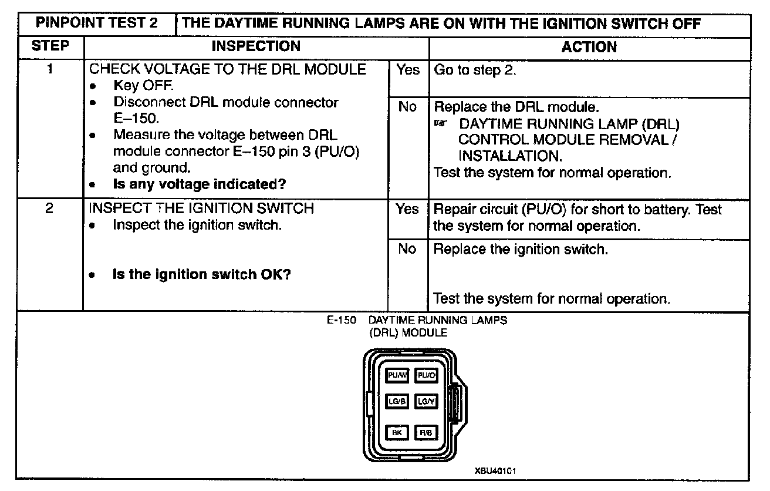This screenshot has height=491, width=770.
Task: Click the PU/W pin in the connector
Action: point(397,375)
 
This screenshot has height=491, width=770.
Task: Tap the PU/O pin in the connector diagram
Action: point(426,375)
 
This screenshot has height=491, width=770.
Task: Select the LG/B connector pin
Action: point(397,402)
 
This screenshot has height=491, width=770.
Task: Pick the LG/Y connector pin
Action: point(426,402)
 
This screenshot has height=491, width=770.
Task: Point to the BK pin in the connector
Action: point(397,433)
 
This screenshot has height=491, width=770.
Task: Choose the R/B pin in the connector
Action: point(426,433)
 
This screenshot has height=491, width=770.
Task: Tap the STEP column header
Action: point(50,46)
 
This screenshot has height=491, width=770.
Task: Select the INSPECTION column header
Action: point(256,46)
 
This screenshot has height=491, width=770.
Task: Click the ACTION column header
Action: point(589,47)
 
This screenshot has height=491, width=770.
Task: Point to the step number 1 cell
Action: point(50,69)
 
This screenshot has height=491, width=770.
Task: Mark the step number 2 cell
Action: point(50,208)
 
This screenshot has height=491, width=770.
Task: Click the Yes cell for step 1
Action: point(408,70)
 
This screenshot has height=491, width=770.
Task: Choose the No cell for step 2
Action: point(407,249)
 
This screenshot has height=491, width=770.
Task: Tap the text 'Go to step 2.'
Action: point(475,70)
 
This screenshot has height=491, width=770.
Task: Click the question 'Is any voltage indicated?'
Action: point(199,184)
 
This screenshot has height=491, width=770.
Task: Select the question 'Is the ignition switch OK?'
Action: point(201,274)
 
